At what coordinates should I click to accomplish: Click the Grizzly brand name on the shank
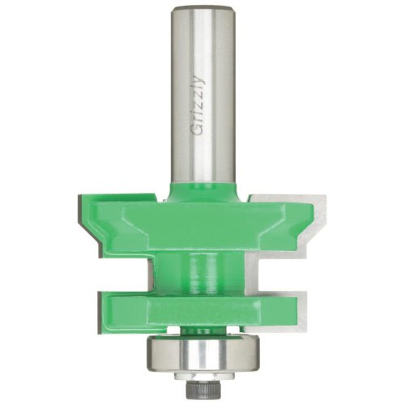(198, 106)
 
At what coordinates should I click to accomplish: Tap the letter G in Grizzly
(198, 130)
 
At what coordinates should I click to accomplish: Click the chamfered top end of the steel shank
(202, 9)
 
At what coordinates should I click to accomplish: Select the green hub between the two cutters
(200, 273)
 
